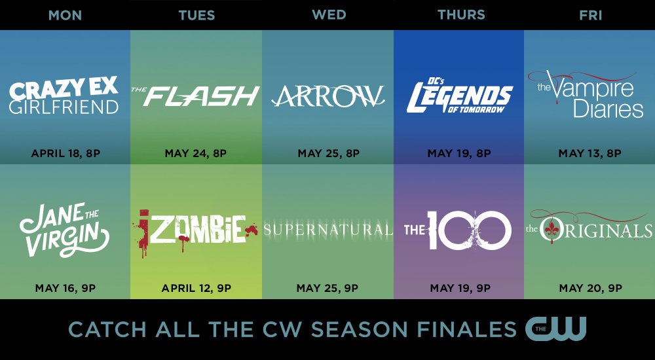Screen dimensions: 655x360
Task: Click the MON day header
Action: tap(65, 15)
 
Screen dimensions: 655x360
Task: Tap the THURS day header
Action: tap(461, 15)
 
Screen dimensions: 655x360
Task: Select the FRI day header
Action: tap(590, 15)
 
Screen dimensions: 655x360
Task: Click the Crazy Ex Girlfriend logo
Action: tap(64, 95)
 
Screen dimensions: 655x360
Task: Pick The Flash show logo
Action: tap(195, 96)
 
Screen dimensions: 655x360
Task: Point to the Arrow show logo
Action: tap(328, 96)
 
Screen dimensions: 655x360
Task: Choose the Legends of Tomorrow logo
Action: tap(460, 95)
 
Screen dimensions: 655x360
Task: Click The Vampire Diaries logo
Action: tap(586, 94)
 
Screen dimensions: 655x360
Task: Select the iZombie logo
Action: tap(195, 232)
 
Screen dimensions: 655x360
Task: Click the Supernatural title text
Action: tap(328, 230)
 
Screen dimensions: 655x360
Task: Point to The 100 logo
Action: tap(458, 230)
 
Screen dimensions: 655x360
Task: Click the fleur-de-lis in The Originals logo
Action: tap(548, 230)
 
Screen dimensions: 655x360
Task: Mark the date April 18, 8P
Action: tap(65, 153)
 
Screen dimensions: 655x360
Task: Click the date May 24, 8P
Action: tap(195, 153)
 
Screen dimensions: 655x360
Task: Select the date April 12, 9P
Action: tap(196, 288)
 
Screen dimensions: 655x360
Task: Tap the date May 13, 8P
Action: tap(590, 153)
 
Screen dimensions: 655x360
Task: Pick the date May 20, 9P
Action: tap(591, 288)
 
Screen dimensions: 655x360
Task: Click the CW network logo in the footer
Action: tap(556, 329)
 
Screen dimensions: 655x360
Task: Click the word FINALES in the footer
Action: tap(466, 329)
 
